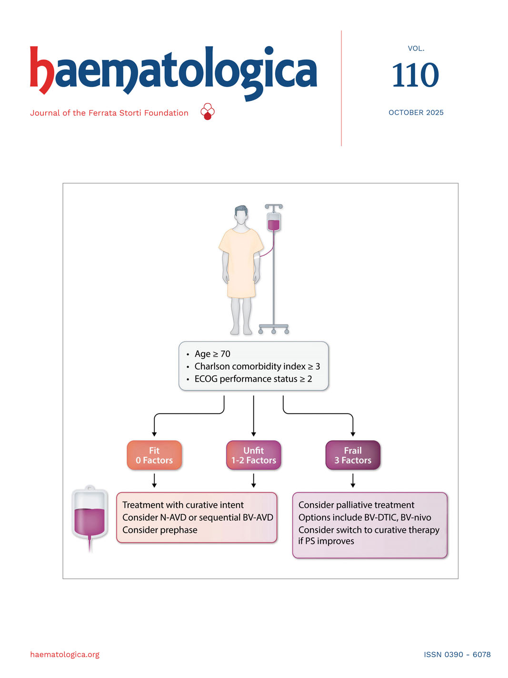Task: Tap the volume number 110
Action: [x=415, y=75]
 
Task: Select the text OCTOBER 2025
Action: [x=416, y=112]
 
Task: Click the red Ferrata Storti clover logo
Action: [x=208, y=111]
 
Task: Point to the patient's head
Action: [x=241, y=216]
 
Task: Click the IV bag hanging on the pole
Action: [x=273, y=221]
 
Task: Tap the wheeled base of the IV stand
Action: [x=273, y=329]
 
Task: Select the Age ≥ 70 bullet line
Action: [x=212, y=354]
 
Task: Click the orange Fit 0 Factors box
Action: [x=154, y=455]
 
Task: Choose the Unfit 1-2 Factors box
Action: [x=253, y=455]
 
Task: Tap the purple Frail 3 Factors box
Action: [x=353, y=455]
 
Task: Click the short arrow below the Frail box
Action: [x=353, y=481]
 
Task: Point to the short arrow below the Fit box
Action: [x=154, y=481]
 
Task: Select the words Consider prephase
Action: [x=159, y=530]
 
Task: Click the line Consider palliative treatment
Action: [x=356, y=505]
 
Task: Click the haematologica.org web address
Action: [x=65, y=654]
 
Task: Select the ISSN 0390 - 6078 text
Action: [x=457, y=654]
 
